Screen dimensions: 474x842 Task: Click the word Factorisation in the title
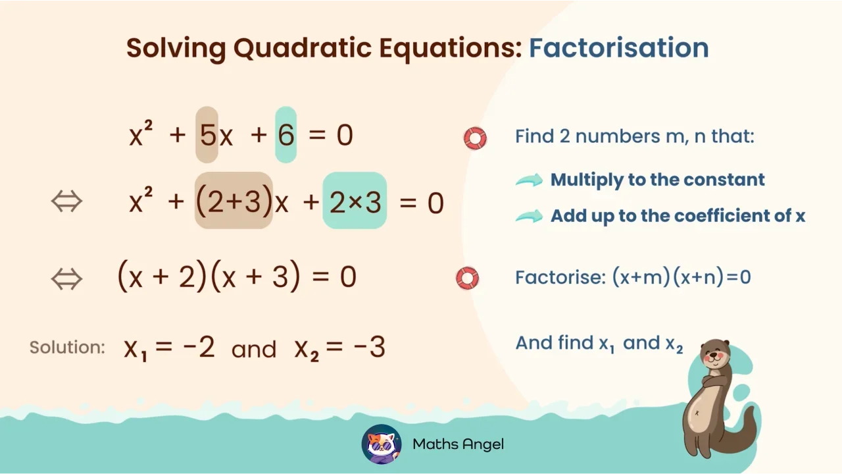(x=618, y=48)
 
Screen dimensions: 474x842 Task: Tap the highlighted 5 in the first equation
(x=207, y=136)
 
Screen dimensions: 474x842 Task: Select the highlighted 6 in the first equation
(x=285, y=136)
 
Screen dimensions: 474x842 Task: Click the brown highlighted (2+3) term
(x=234, y=202)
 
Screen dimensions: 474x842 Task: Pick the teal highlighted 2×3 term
(x=355, y=202)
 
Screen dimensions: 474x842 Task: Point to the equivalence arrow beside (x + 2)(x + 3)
(x=66, y=278)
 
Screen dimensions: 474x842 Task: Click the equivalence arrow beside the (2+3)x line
(x=66, y=201)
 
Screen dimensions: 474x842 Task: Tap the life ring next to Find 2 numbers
(x=475, y=138)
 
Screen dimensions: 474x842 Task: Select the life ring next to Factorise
(x=467, y=278)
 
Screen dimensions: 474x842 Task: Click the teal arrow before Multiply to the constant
(x=529, y=180)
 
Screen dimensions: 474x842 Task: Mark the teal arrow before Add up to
(x=529, y=216)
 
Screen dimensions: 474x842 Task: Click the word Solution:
(x=67, y=348)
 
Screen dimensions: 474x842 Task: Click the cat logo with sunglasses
(x=382, y=444)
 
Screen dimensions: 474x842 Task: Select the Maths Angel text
(x=458, y=444)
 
